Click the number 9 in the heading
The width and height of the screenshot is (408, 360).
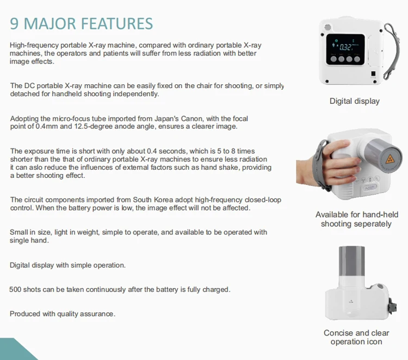15,23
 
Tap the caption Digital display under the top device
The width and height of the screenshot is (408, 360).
355,101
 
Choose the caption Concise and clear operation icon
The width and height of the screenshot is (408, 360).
356,337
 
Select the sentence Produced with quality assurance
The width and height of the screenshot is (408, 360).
63,314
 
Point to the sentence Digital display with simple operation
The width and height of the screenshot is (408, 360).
68,265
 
